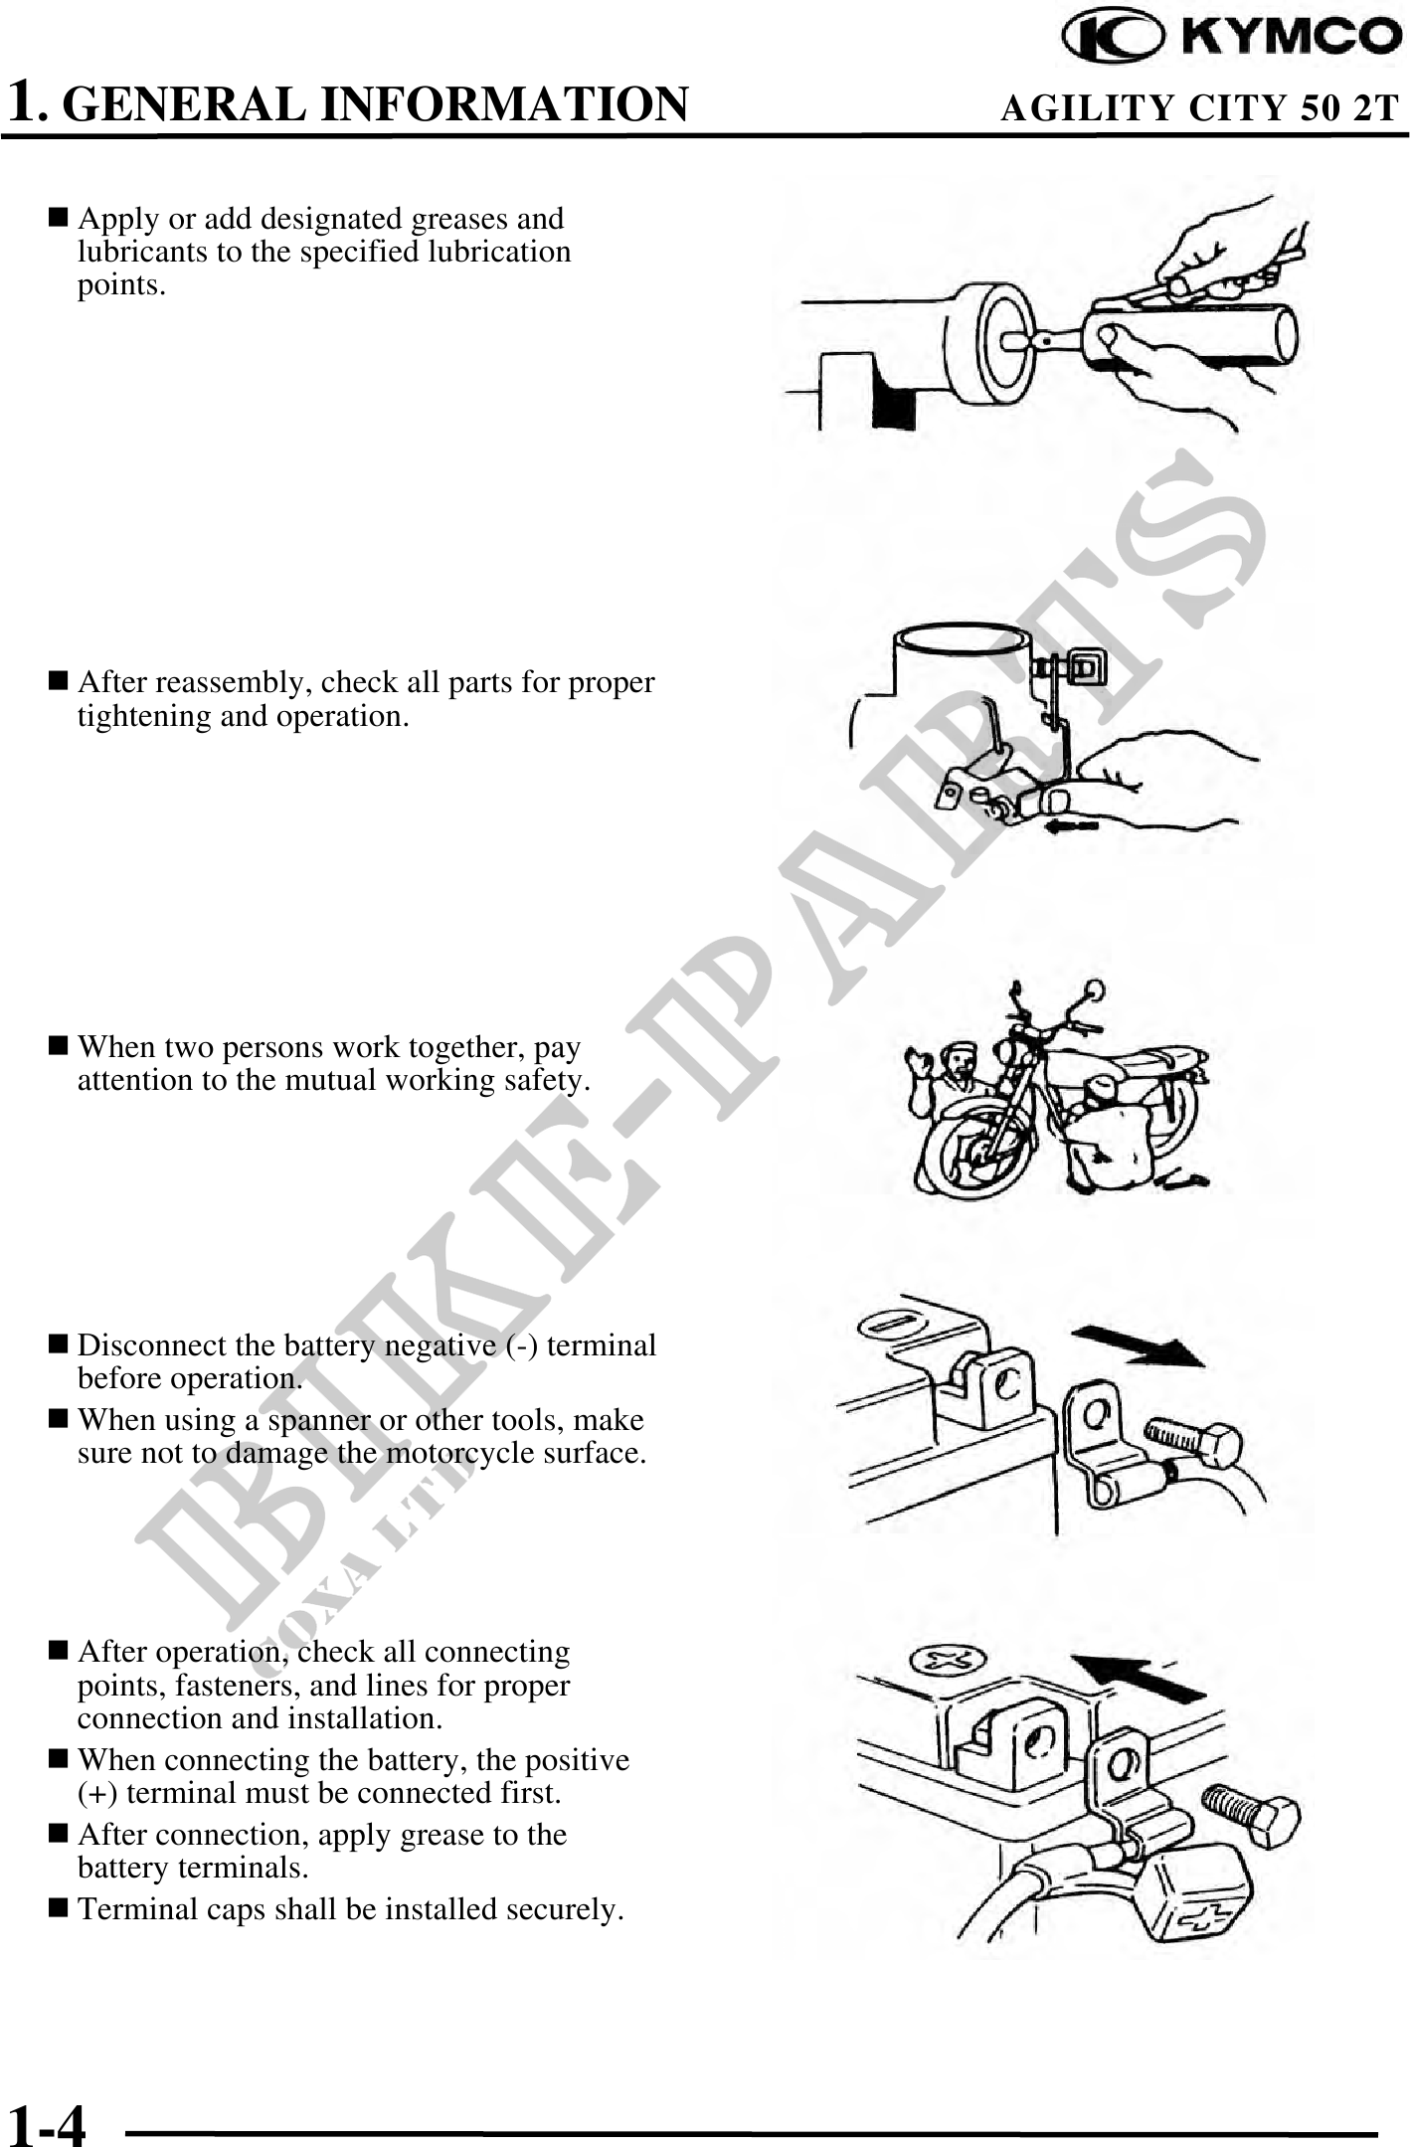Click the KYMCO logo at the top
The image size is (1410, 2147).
tap(1232, 38)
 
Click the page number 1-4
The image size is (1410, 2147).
tap(47, 2119)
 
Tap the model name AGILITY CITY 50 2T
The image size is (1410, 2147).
tap(1199, 107)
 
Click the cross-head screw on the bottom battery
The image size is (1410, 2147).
tap(949, 1659)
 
